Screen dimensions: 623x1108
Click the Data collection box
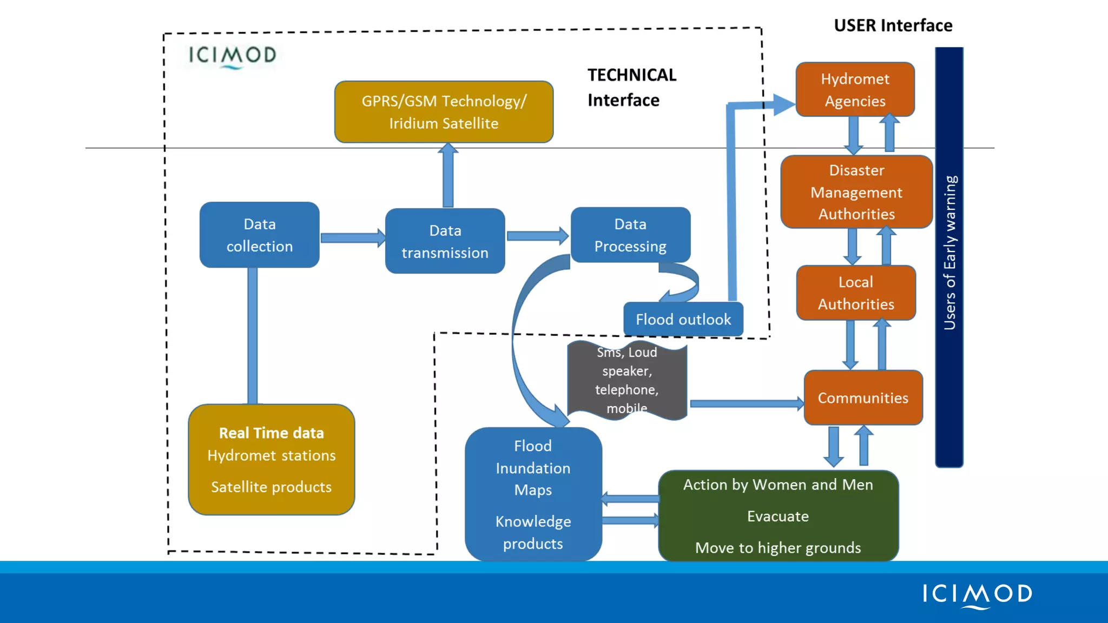pyautogui.click(x=259, y=235)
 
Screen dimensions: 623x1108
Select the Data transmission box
pyautogui.click(x=445, y=241)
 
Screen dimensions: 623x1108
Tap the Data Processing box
pyautogui.click(x=630, y=235)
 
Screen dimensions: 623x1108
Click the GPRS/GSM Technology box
pyautogui.click(x=444, y=112)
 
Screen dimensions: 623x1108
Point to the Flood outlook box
pyautogui.click(x=683, y=320)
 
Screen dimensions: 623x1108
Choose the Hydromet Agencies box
pyautogui.click(x=855, y=90)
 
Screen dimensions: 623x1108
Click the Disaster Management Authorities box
pyautogui.click(x=856, y=192)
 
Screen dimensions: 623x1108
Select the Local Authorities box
pyautogui.click(x=856, y=293)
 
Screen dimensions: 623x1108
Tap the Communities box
pyautogui.click(x=863, y=398)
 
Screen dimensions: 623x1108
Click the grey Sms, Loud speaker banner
pyautogui.click(x=627, y=380)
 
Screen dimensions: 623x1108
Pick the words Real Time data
pyautogui.click(x=271, y=433)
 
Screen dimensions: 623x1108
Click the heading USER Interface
pyautogui.click(x=893, y=25)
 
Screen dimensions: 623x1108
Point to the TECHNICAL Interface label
pyautogui.click(x=631, y=88)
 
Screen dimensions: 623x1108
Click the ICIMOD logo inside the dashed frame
pyautogui.click(x=232, y=56)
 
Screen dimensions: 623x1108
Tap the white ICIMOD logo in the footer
pyautogui.click(x=977, y=595)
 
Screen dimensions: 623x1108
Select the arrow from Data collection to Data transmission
pyautogui.click(x=352, y=238)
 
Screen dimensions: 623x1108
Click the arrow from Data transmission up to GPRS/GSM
pyautogui.click(x=447, y=176)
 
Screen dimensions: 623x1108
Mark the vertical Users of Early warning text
pyautogui.click(x=949, y=253)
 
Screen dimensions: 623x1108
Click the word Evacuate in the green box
pyautogui.click(x=777, y=516)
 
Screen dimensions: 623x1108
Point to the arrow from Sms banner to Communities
pyautogui.click(x=746, y=403)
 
